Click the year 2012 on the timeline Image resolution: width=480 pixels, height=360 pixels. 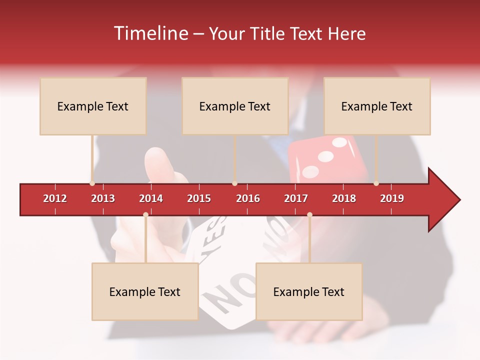pos(55,198)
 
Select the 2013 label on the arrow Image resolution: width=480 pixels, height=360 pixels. pos(103,198)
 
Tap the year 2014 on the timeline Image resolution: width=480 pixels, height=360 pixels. pos(151,198)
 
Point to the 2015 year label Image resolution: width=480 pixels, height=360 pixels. pos(199,198)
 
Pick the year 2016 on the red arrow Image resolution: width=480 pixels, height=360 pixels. pos(248,198)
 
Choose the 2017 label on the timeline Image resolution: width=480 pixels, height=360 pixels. pos(296,198)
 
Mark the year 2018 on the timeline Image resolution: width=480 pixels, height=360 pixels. pos(344,198)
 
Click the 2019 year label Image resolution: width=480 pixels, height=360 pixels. pos(392,198)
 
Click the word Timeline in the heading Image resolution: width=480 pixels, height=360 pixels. pos(149,33)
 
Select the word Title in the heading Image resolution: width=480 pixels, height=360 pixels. pos(267,33)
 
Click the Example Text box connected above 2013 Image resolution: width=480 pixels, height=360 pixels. pos(93,106)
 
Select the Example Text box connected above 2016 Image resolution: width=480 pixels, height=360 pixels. pos(235,106)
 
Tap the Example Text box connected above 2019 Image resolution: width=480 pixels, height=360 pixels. pos(377,106)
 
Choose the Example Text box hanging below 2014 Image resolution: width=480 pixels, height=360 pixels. pos(145,291)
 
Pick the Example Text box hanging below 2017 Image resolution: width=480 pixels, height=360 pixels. pos(309,291)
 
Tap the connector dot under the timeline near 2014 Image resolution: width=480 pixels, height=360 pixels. pos(145,215)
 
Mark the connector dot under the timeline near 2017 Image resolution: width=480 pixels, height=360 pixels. pos(309,215)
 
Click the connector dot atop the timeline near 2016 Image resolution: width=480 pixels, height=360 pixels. pos(234,183)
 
